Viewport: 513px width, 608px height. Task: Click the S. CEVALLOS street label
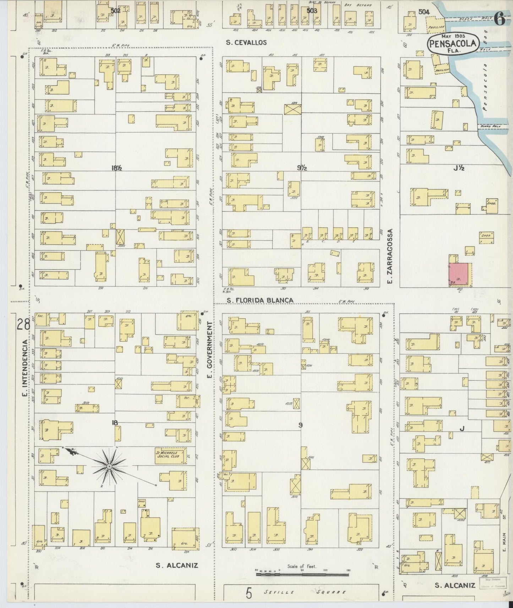246,43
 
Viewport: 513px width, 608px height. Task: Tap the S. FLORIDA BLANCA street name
260,300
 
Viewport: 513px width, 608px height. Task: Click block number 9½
302,168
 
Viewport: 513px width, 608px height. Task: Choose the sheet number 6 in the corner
500,20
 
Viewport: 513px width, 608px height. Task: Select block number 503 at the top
311,11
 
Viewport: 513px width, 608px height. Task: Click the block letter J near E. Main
462,429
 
